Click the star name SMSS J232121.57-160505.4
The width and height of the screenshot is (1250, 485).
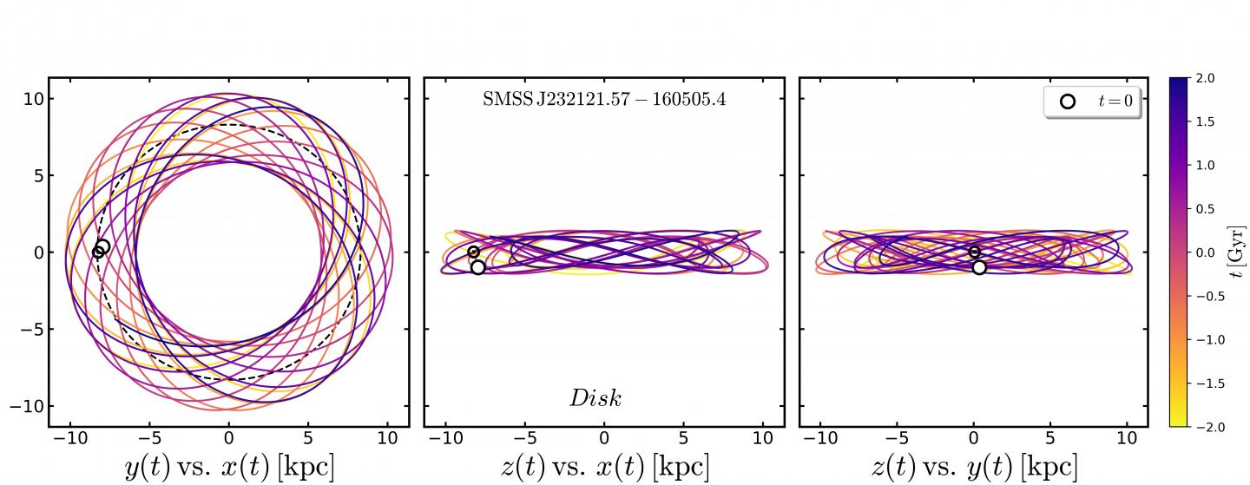pos(604,100)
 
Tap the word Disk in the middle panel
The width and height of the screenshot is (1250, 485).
pos(595,398)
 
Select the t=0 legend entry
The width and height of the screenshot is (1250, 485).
pos(1092,102)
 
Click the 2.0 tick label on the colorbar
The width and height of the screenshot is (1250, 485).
pos(1207,78)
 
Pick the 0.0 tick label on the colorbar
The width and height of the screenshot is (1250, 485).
pos(1207,252)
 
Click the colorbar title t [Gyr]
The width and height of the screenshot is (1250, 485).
pos(1240,252)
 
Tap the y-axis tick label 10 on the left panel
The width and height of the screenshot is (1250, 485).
pos(32,99)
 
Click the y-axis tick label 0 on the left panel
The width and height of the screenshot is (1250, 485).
pos(36,252)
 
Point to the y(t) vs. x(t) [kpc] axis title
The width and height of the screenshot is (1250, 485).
pos(229,466)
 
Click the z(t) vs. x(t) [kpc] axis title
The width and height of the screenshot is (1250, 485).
pos(604,466)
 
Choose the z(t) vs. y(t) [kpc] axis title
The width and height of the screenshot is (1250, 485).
pos(973,466)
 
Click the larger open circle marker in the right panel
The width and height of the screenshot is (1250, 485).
pos(979,267)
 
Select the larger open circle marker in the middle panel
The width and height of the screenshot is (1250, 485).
pos(477,267)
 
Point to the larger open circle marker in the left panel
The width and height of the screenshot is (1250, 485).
pos(102,247)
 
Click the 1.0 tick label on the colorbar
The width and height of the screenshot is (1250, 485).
pos(1207,165)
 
